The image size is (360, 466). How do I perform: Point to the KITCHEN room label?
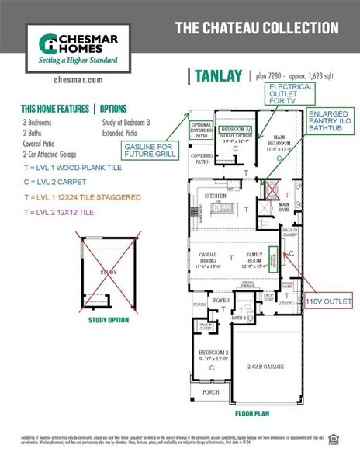[x=215, y=196]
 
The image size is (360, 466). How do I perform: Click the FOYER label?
[x=221, y=299]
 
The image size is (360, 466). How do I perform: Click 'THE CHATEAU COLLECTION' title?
[x=256, y=28]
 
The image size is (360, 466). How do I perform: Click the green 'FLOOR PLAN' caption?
[x=251, y=414]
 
